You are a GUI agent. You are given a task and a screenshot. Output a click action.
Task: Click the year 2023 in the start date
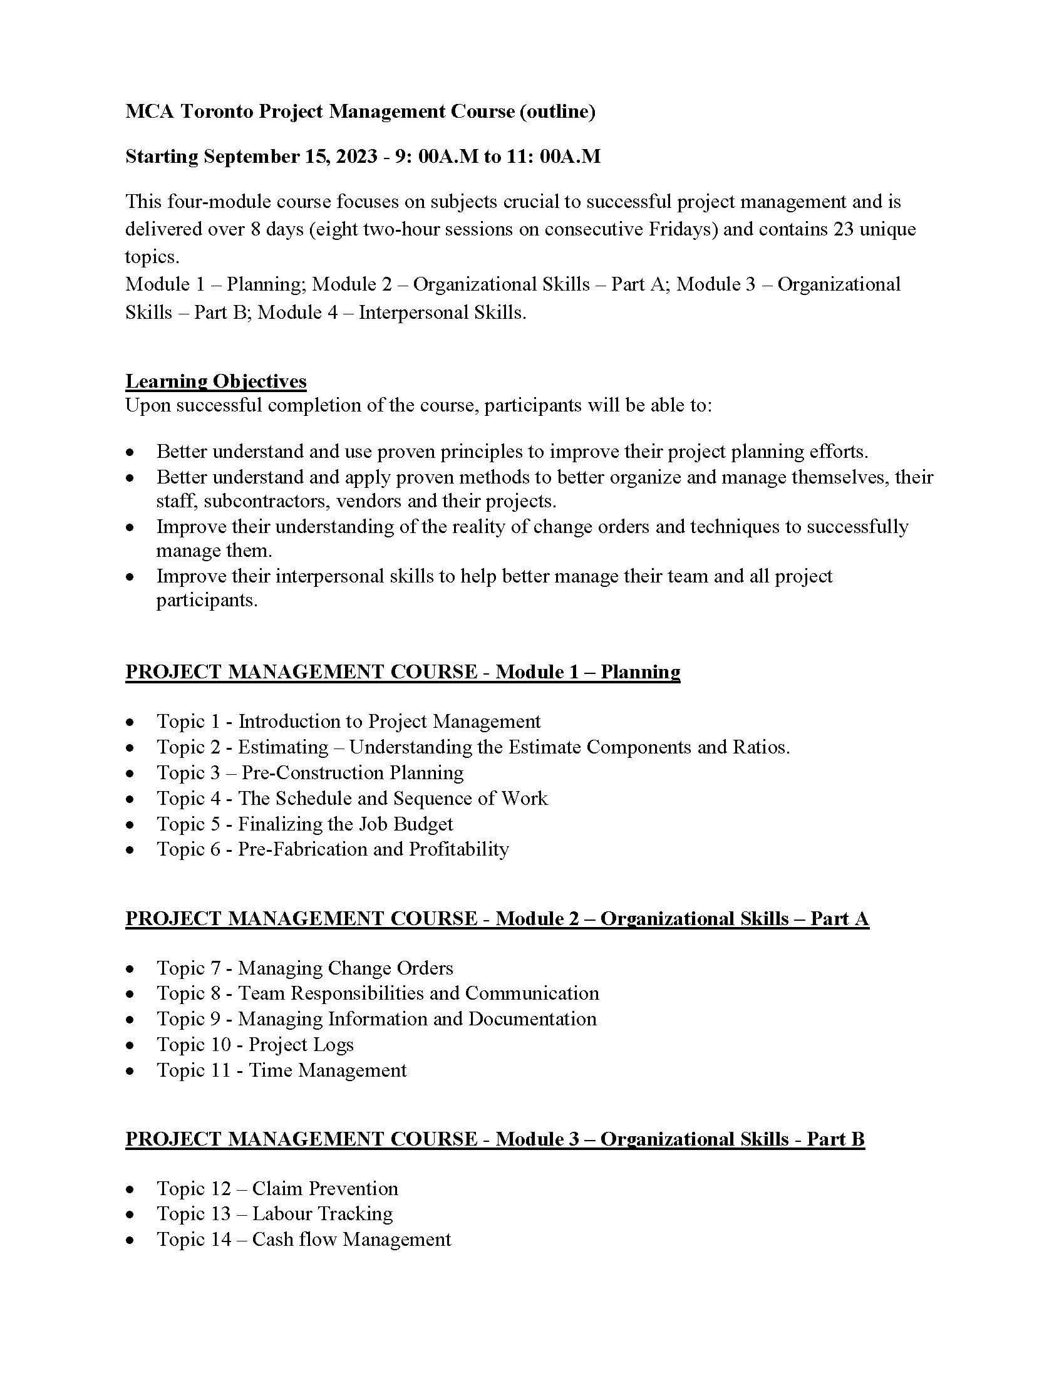pos(356,157)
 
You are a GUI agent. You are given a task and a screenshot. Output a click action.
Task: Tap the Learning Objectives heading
pos(215,381)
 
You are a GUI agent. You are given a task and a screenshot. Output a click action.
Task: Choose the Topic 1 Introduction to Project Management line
pos(348,721)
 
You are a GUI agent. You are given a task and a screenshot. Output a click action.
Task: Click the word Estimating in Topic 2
pos(282,747)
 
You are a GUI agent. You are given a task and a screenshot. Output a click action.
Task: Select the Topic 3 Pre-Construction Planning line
pos(309,773)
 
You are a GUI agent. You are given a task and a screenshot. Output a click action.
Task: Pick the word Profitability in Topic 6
pos(458,849)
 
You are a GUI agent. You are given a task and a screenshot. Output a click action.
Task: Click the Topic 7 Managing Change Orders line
pos(304,968)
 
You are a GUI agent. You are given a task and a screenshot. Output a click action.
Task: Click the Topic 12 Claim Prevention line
pos(277,1189)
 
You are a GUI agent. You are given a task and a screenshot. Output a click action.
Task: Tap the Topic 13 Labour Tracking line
pos(274,1214)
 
